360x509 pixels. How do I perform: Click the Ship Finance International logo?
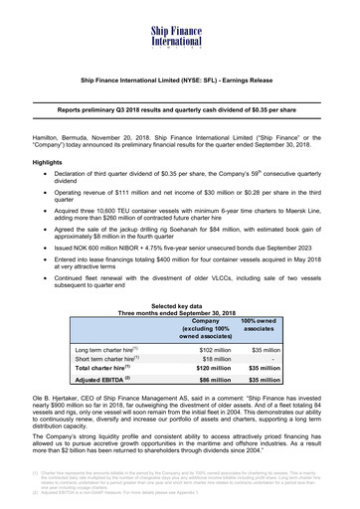click(x=180, y=19)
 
